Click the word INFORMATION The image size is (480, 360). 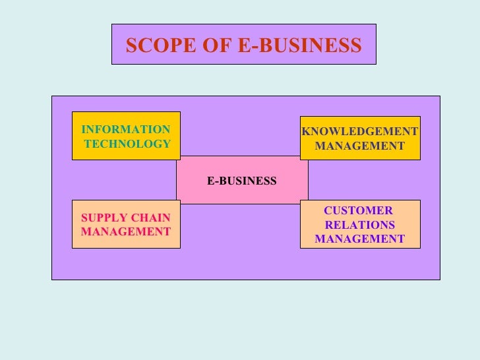(125, 130)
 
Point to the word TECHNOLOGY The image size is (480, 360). (127, 144)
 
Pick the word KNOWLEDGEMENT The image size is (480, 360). (360, 131)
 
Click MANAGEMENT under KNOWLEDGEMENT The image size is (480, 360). (360, 145)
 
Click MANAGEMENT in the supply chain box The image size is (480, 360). (125, 232)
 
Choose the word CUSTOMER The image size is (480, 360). (358, 211)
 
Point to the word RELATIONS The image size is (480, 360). (360, 225)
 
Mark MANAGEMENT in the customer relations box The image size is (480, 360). (360, 239)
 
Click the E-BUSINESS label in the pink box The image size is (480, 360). (242, 181)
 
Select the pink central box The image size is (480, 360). (242, 195)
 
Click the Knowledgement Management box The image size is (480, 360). (360, 155)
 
